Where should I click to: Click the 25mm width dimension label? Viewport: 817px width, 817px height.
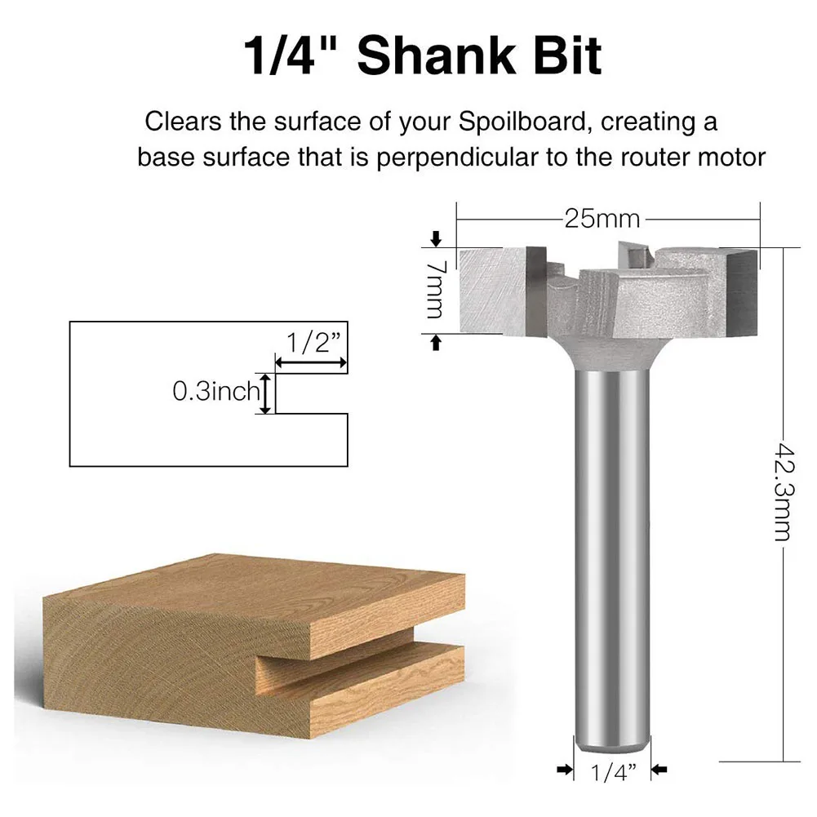click(602, 220)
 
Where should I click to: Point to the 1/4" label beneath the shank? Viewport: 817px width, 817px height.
click(609, 770)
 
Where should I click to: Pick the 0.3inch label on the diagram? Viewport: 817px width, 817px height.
click(215, 393)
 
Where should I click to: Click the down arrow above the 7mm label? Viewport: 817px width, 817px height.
click(435, 238)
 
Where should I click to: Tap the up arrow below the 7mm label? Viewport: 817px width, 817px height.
click(435, 343)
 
